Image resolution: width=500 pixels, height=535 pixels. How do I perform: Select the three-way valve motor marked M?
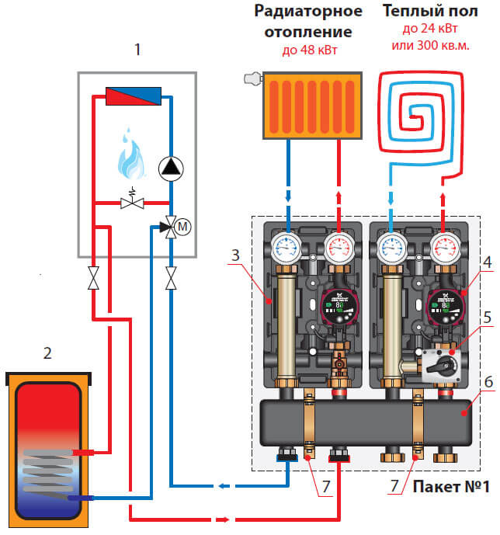point(184,227)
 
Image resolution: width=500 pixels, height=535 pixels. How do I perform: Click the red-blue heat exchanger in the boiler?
point(133,96)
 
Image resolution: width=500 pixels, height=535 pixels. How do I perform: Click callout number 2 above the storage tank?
point(49,354)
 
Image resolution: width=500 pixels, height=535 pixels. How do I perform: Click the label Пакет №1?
point(450,488)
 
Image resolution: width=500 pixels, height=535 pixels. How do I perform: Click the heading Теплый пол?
point(425,12)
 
